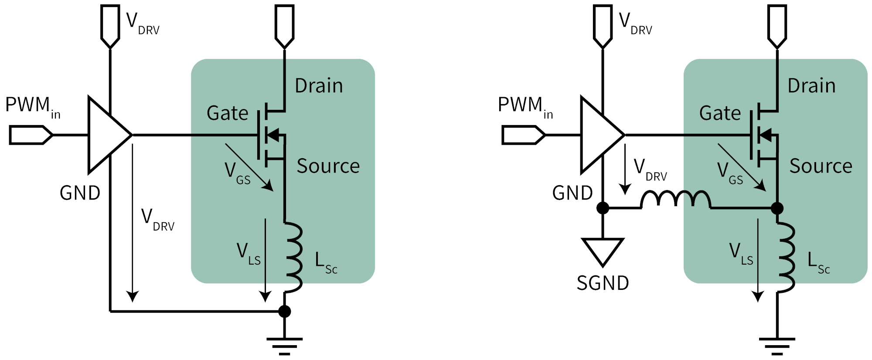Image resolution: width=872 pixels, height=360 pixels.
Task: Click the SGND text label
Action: coord(603,283)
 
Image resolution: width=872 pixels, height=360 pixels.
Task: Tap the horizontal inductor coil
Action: coord(675,200)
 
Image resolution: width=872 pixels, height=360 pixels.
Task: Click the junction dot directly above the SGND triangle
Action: coord(603,208)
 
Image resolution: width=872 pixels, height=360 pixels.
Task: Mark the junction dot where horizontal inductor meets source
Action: coord(777,208)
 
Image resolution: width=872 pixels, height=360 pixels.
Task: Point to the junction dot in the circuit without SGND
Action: coord(284,311)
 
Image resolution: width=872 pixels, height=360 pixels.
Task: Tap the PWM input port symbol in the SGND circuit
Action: coord(523,135)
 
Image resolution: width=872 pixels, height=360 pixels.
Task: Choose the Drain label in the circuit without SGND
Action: coord(319,86)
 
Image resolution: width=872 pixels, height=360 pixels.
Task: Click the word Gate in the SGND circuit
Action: coord(720,113)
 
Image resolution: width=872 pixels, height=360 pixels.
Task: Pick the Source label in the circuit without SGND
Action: coord(328,166)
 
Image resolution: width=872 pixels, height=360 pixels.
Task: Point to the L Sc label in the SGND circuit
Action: coord(818,263)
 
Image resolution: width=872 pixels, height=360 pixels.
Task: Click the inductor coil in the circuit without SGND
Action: coord(293,257)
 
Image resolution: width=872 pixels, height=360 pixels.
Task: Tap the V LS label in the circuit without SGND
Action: coord(248,254)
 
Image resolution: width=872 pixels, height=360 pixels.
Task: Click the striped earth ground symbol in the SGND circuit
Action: coord(777,346)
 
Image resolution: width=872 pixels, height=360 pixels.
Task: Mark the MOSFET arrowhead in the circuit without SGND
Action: coord(273,135)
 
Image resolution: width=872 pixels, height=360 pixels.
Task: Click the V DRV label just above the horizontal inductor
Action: coord(650,170)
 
